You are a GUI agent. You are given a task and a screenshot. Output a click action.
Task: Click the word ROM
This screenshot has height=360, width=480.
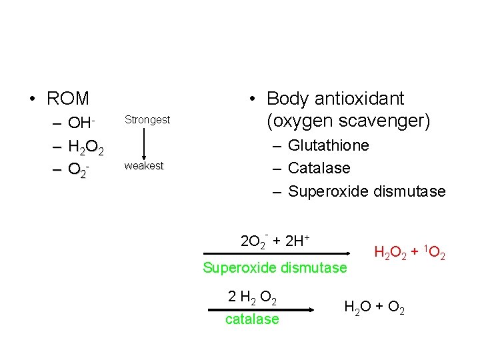tap(67, 99)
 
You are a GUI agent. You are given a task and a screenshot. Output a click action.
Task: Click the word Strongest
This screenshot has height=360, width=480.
tap(147, 120)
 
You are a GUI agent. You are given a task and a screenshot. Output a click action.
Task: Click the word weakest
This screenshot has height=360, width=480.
tap(143, 166)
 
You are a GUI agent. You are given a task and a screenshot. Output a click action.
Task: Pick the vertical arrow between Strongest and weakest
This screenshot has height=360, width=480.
tap(145, 143)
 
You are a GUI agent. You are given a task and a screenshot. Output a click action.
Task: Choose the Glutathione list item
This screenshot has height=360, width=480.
tap(328, 145)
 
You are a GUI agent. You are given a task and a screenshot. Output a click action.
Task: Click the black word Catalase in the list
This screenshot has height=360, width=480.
tap(319, 168)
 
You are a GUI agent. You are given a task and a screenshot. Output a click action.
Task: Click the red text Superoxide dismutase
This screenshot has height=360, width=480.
tap(275, 268)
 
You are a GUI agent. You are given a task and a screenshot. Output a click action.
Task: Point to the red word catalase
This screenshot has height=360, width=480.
tap(252, 319)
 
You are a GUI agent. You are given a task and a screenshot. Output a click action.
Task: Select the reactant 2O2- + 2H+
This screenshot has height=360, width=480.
tap(278, 240)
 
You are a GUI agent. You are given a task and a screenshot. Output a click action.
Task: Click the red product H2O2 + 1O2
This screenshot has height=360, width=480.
tap(410, 253)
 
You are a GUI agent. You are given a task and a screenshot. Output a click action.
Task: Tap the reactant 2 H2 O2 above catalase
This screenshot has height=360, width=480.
tap(253, 296)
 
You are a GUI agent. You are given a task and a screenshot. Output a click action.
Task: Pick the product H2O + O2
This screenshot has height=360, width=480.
tap(373, 307)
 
